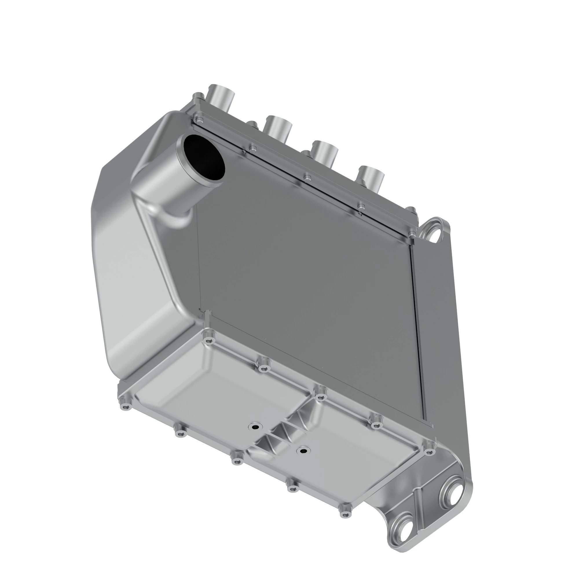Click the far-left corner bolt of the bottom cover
point(126,407)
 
